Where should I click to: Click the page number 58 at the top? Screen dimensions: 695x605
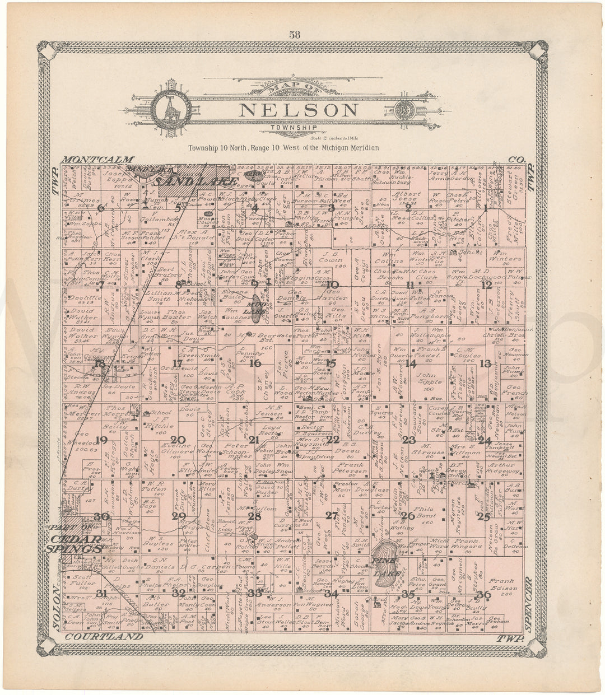point(295,34)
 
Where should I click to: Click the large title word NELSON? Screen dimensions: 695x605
point(299,110)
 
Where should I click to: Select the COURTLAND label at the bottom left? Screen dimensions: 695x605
point(104,637)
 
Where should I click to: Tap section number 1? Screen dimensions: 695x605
point(485,207)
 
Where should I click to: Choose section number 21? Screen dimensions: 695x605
point(254,440)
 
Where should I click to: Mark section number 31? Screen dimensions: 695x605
point(101,594)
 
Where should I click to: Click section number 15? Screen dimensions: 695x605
point(331,363)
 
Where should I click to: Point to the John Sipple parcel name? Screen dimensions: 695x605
point(428,379)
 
